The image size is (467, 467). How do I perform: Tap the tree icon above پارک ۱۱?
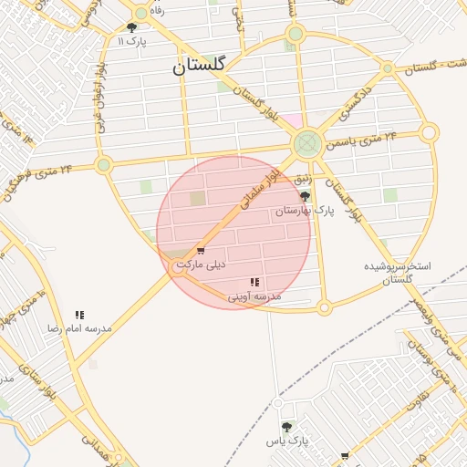point(132,28)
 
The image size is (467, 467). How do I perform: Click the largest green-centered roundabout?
point(307,143)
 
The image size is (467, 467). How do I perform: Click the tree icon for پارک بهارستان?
point(305,196)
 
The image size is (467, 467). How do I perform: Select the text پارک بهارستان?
point(306,211)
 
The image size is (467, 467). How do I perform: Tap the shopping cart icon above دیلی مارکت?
point(201,251)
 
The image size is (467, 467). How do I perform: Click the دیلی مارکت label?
point(201,265)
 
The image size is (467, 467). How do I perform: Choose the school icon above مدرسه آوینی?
point(254,283)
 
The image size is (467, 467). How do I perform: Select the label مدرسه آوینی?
point(254,296)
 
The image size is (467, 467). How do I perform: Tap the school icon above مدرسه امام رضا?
point(79,315)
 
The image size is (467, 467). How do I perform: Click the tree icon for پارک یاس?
point(287,427)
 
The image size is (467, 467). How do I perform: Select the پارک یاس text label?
point(287,441)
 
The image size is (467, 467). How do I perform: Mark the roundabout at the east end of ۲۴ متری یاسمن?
point(429,133)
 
